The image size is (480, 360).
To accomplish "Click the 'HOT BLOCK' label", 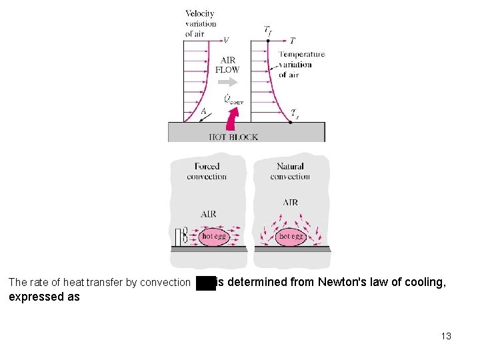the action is pos(233,137).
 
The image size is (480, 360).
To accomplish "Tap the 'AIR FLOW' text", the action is pos(227,65).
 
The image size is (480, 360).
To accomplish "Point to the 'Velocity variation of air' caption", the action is pos(200,24).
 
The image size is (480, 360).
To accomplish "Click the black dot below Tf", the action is pos(268,41).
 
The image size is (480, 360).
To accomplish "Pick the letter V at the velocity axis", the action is pos(226,41).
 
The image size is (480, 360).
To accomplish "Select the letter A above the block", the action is pos(203,112).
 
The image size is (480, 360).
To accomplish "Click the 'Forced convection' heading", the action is pos(207,171).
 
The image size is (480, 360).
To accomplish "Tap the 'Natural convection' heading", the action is pos(290,171).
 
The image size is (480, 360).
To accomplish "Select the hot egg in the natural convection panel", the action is pos(291,236).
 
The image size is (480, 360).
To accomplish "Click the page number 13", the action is pos(446,336).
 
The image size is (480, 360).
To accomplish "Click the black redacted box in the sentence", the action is pos(206,283).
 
